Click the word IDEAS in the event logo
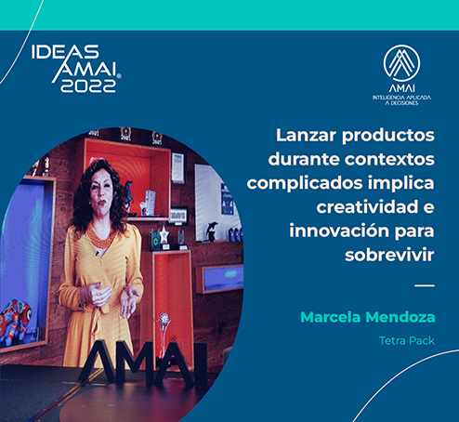tap(65, 52)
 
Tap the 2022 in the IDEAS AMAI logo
tap(88, 86)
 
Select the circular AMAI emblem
tap(401, 63)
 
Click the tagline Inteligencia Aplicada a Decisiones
tap(401, 100)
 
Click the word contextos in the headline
tap(389, 159)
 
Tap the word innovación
tap(339, 231)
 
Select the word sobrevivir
tap(389, 255)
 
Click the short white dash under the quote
tap(425, 285)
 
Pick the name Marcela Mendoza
tap(368, 317)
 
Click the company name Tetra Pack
tap(407, 341)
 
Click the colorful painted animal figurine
tap(16, 318)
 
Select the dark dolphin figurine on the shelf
tap(213, 231)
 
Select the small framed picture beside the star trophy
tap(178, 216)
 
